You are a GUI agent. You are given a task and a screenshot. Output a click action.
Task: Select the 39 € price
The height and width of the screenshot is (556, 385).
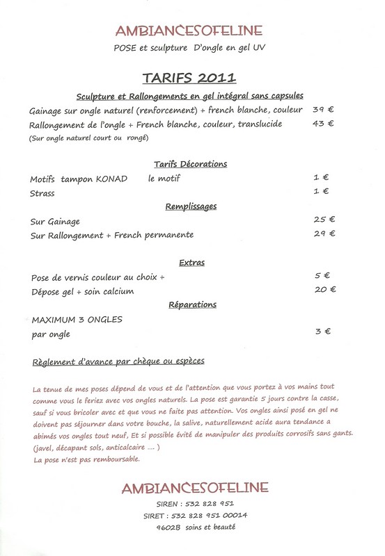pos(323,110)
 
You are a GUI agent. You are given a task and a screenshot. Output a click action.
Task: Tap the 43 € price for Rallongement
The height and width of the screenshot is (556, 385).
pos(323,124)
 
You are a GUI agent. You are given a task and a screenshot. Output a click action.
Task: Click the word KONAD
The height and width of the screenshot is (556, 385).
pos(111,179)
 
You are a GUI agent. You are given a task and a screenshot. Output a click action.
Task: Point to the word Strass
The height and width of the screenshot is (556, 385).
pos(42,192)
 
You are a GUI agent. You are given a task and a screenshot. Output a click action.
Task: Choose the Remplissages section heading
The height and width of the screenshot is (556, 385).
pos(191,206)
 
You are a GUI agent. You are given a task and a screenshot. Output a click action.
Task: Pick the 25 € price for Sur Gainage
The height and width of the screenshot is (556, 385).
pos(324,220)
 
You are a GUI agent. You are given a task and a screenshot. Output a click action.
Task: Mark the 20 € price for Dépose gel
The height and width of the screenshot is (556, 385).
pos(324,290)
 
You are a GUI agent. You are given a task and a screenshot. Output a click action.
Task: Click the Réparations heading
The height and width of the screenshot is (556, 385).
pos(192,304)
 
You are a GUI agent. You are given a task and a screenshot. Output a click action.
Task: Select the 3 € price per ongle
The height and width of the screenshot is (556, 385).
pos(322,333)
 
